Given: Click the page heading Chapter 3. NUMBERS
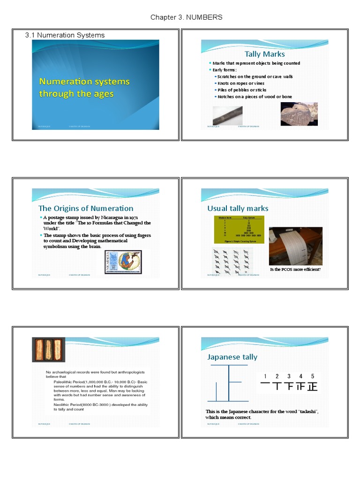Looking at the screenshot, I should click(186, 17).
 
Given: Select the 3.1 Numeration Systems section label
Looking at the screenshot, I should click(65, 35).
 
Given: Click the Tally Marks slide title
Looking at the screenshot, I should click(264, 54).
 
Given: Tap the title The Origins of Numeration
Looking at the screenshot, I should click(86, 209).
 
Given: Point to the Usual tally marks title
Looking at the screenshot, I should click(238, 209).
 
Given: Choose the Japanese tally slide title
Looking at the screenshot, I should click(232, 357).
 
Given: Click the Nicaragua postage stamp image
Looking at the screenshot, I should click(123, 262).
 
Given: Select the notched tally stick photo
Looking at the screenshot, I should click(227, 115).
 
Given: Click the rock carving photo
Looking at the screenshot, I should click(298, 114).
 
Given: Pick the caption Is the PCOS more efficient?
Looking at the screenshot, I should click(295, 270).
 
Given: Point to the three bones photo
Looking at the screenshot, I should click(48, 350).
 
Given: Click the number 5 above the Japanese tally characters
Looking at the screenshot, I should click(313, 376).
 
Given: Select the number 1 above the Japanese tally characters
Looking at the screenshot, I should click(265, 376).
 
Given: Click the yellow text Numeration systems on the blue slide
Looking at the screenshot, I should click(84, 82).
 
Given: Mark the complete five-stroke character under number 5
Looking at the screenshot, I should click(312, 387).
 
